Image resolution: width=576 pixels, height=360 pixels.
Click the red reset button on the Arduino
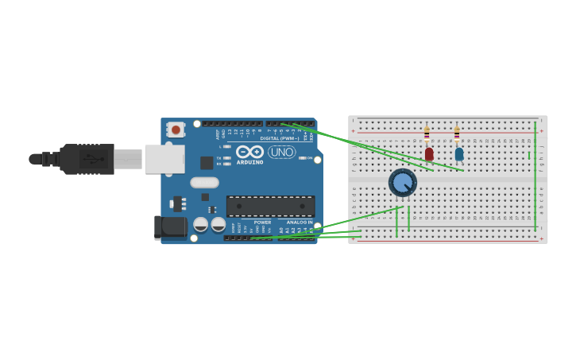click(175, 129)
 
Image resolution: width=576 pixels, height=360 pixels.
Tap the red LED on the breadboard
click(429, 153)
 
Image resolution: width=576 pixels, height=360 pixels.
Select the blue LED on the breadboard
click(459, 153)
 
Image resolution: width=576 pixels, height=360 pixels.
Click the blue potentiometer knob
click(403, 183)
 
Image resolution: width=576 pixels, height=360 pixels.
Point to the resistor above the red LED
click(427, 134)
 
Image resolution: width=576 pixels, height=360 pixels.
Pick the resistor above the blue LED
click(457, 134)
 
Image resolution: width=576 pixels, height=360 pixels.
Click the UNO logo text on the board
click(281, 152)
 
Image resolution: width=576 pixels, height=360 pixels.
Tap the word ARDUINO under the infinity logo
click(249, 162)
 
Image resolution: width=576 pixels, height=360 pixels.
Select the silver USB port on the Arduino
click(164, 159)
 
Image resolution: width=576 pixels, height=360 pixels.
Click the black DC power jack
click(170, 227)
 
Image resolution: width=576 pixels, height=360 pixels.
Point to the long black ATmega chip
click(270, 207)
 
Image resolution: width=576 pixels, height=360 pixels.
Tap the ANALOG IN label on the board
click(300, 223)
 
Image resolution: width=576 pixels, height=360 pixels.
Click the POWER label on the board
click(262, 223)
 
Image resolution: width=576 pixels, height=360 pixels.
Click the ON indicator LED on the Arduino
click(303, 158)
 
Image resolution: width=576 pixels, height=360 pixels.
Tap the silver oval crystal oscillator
click(204, 182)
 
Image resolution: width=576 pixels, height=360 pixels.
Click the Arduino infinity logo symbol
click(249, 151)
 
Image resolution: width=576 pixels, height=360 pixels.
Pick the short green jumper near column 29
click(529, 155)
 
